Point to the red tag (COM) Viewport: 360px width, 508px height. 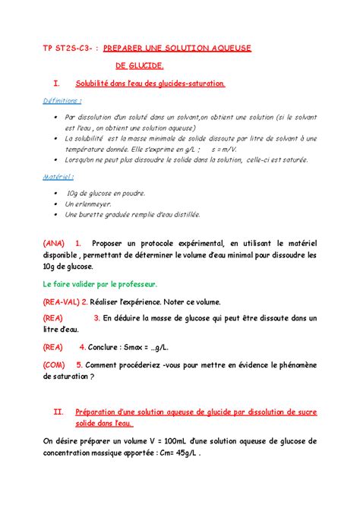pos(58,364)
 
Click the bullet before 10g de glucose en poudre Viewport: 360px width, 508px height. pos(55,193)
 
